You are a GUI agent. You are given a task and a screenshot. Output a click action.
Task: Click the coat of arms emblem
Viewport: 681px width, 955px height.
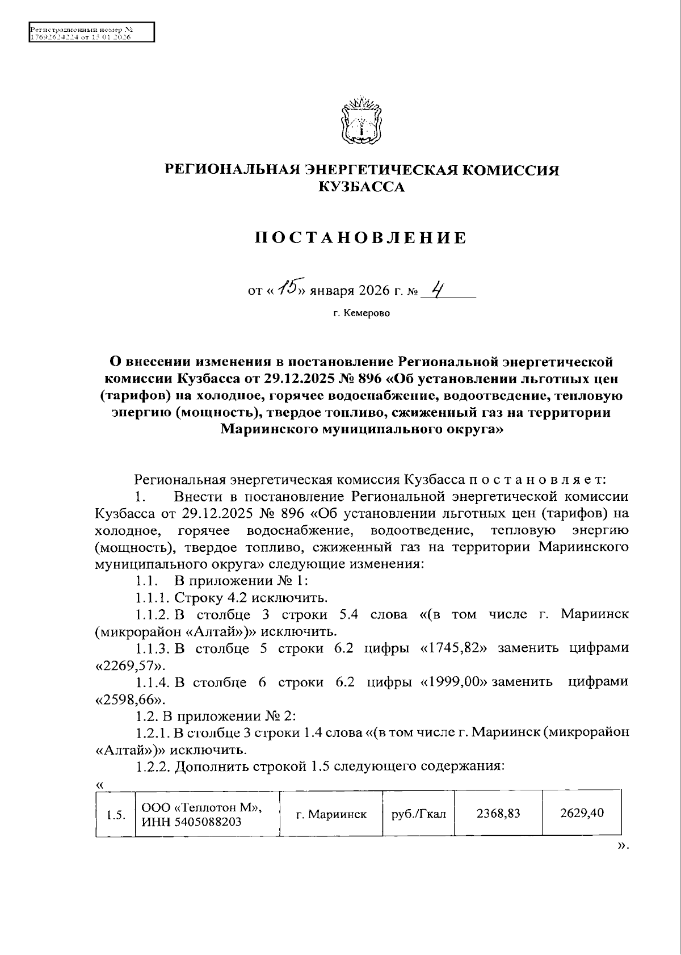(361, 122)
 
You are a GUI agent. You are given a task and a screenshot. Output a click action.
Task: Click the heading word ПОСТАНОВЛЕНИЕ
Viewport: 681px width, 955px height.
(361, 238)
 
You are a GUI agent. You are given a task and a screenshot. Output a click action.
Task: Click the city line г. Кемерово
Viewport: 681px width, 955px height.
(361, 313)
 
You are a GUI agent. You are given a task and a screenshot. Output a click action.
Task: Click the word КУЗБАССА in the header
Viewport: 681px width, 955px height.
(361, 187)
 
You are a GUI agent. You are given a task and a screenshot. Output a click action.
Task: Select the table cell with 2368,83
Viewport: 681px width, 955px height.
(498, 813)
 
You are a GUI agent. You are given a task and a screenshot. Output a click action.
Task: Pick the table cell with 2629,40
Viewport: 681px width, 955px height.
(582, 813)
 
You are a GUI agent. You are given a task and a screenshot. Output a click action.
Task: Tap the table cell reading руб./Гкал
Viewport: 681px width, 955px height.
(419, 814)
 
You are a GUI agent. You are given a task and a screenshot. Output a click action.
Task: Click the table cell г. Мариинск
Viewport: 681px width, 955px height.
(331, 814)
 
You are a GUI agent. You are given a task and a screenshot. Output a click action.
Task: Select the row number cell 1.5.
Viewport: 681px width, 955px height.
(115, 815)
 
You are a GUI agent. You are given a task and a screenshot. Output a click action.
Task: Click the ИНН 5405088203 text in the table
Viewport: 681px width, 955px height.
(191, 822)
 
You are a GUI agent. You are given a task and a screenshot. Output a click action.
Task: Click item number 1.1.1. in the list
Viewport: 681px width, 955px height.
(152, 597)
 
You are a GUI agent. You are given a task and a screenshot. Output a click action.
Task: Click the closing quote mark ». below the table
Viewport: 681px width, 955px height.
(623, 846)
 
